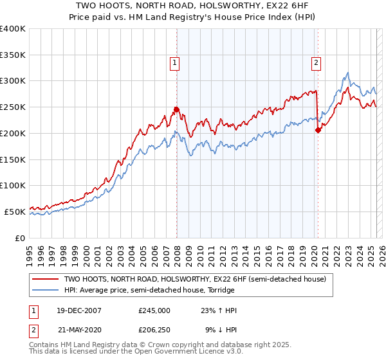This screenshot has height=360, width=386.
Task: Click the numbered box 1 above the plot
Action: [x=175, y=62]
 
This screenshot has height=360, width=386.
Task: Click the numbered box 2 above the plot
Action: [x=317, y=62]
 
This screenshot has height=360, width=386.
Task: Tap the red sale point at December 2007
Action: [x=177, y=109]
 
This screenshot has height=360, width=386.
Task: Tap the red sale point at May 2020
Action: [x=318, y=130]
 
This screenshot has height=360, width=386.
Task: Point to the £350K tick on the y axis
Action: [x=13, y=55]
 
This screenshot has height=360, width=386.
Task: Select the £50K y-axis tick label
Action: [x=14, y=212]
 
